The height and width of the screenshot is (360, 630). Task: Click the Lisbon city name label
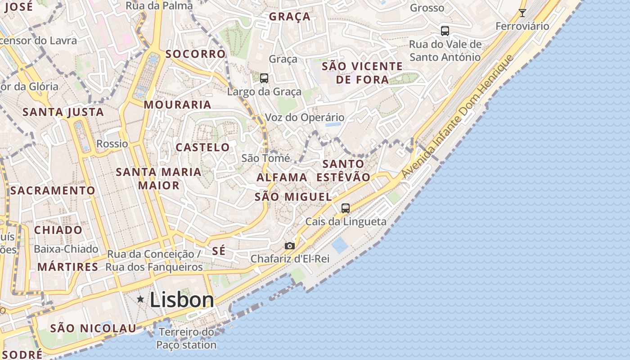181,300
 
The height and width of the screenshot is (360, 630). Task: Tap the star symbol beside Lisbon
140,299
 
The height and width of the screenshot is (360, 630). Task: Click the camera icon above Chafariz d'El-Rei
290,246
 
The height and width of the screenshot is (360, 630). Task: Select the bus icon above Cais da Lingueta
346,208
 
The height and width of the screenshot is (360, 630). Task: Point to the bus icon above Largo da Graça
264,78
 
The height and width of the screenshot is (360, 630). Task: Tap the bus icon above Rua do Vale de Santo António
445,31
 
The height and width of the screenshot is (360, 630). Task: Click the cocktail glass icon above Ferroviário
522,13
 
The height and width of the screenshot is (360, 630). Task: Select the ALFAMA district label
282,177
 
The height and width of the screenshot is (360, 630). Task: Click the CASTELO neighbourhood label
202,147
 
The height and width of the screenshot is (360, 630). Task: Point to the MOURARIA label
177,105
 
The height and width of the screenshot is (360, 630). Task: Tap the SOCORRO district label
195,54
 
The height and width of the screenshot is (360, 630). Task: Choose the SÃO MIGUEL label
293,197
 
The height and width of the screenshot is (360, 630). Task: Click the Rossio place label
112,144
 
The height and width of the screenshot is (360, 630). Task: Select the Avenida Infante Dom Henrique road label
457,117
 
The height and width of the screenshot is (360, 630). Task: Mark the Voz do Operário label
304,117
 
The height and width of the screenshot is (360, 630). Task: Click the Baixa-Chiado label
66,249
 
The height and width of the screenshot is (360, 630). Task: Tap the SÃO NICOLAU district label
93,328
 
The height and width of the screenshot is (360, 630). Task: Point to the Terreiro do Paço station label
186,339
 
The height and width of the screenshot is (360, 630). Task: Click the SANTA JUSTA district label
63,112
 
